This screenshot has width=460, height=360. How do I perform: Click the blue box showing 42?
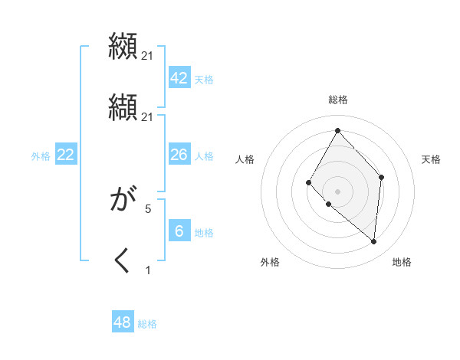179,78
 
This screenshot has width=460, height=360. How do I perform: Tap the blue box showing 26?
179,155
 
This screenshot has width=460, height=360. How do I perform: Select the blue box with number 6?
179,231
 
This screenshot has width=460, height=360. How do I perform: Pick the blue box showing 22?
66,155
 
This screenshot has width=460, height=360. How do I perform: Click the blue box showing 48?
123,322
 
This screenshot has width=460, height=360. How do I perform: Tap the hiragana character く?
123,261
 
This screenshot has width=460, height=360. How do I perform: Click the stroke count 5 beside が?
148,208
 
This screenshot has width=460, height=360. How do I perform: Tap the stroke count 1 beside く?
148,269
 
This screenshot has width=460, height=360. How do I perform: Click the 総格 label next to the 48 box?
147,324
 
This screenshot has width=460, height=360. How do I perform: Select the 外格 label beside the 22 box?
41,156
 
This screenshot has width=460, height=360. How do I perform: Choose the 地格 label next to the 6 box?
204,233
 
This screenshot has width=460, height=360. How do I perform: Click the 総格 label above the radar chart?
338,100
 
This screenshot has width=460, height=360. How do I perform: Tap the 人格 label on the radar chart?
245,159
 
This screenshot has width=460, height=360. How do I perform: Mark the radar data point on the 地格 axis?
373,241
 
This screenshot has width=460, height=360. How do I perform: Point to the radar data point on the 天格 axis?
382,178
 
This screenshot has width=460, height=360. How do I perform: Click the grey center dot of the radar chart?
337,191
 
